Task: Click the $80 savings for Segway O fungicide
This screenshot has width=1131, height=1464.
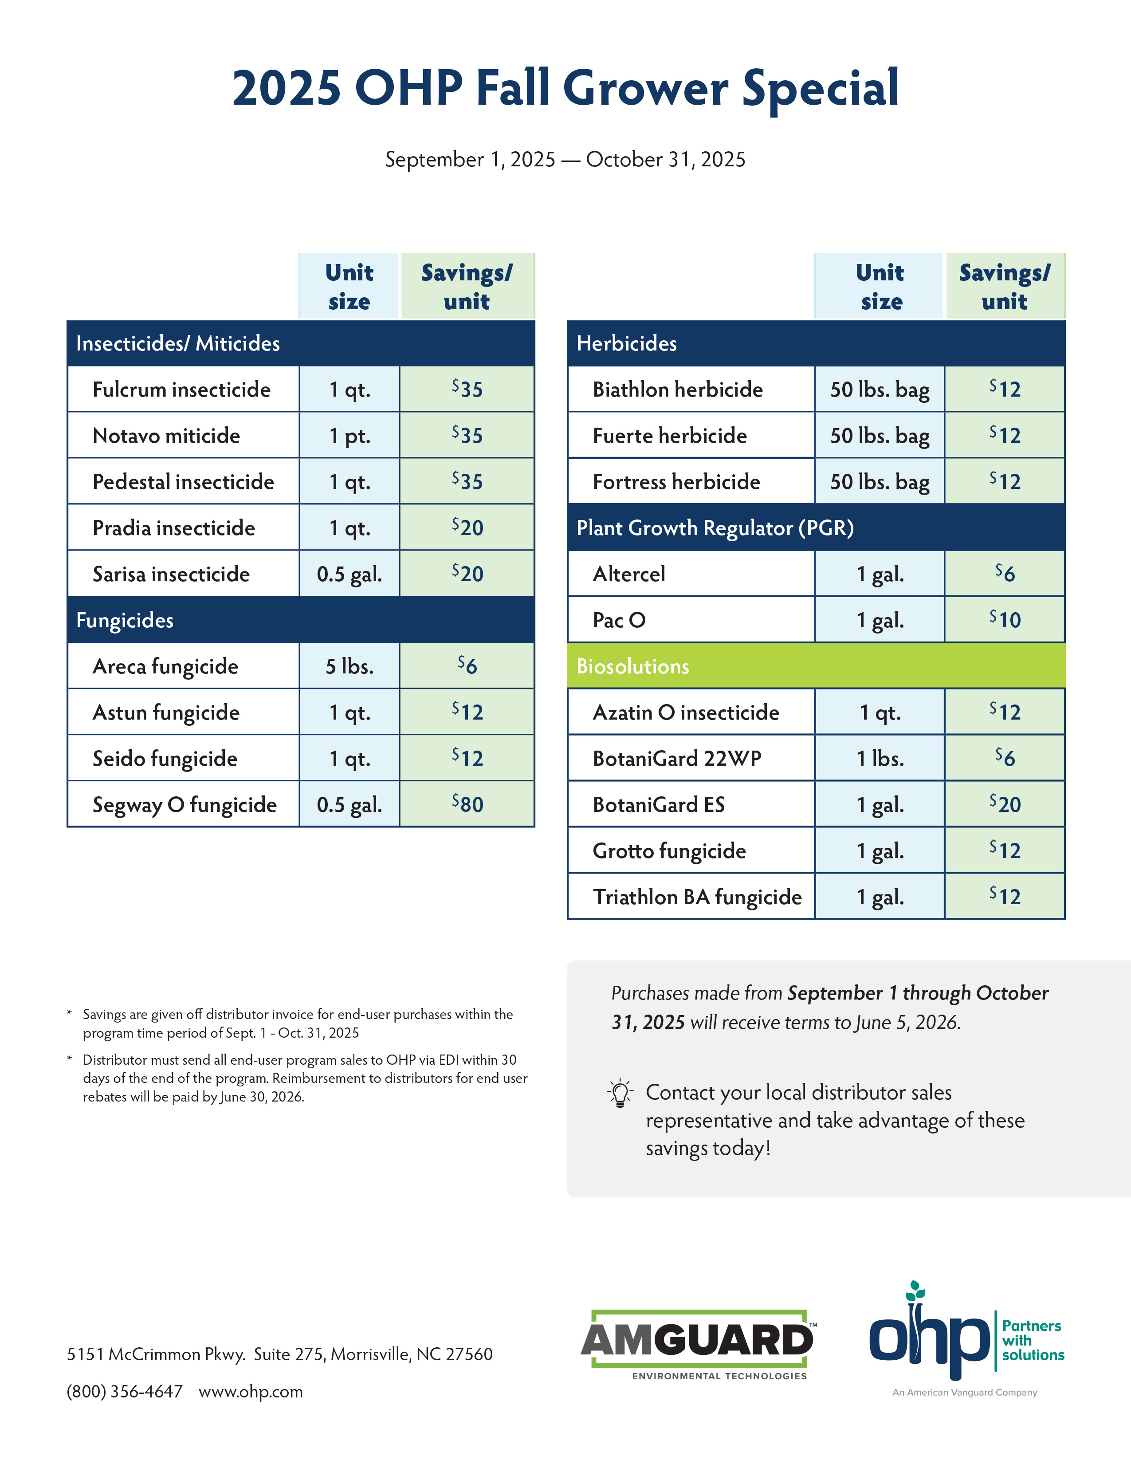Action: pyautogui.click(x=467, y=804)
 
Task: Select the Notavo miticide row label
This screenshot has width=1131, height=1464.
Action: pyautogui.click(x=166, y=436)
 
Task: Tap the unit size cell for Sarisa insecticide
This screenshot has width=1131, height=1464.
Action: pyautogui.click(x=349, y=574)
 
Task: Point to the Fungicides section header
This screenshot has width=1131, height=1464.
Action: pyautogui.click(x=125, y=620)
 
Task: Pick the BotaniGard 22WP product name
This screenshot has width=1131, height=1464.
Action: pyautogui.click(x=677, y=758)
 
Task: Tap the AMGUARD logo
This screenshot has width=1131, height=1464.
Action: pyautogui.click(x=697, y=1343)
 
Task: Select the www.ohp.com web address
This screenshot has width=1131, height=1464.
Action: pyautogui.click(x=251, y=1392)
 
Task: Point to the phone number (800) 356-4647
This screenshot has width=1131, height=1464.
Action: pyautogui.click(x=125, y=1392)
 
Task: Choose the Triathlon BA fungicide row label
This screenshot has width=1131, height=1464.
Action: pyautogui.click(x=697, y=897)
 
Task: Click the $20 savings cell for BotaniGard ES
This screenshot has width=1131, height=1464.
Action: pyautogui.click(x=1004, y=804)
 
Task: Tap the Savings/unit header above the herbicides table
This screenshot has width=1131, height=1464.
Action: pyautogui.click(x=1004, y=287)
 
